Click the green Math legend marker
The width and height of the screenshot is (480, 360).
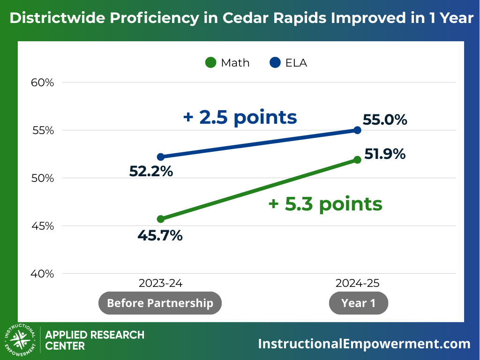[211, 62]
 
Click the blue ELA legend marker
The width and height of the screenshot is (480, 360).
[275, 62]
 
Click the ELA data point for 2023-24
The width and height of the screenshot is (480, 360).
[161, 157]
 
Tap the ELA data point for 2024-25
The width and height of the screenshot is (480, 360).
[357, 130]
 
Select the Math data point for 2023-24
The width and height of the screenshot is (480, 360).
[161, 219]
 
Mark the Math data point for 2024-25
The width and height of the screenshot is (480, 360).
[357, 159]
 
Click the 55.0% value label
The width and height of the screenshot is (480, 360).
[385, 120]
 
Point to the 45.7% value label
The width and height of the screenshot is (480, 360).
[160, 235]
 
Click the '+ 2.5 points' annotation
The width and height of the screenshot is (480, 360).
[240, 117]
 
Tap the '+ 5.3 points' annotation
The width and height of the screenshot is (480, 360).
[325, 204]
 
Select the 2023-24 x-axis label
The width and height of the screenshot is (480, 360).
[160, 284]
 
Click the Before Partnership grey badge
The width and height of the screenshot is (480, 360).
[160, 303]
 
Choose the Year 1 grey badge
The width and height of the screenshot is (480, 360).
[359, 303]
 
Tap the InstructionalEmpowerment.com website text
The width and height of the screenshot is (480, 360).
[364, 344]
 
